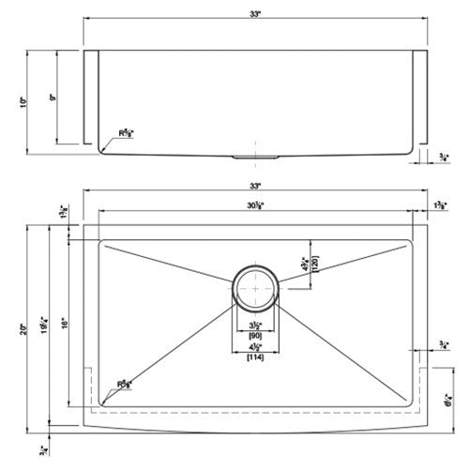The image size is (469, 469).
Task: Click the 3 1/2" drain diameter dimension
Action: coord(254,324)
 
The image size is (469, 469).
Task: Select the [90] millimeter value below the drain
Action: coord(254,334)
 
